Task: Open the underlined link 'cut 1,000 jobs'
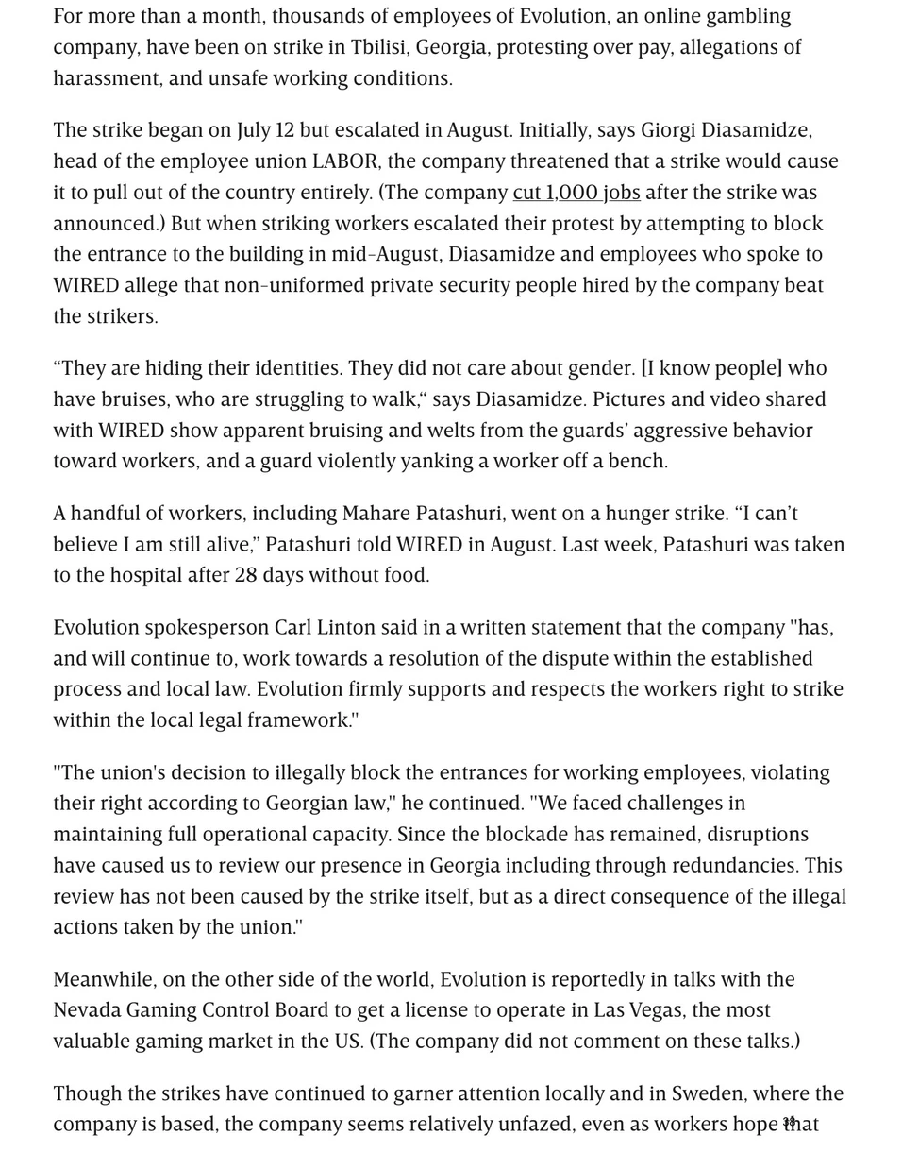pos(576,193)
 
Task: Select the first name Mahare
pos(375,514)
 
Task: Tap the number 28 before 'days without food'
pos(245,575)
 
